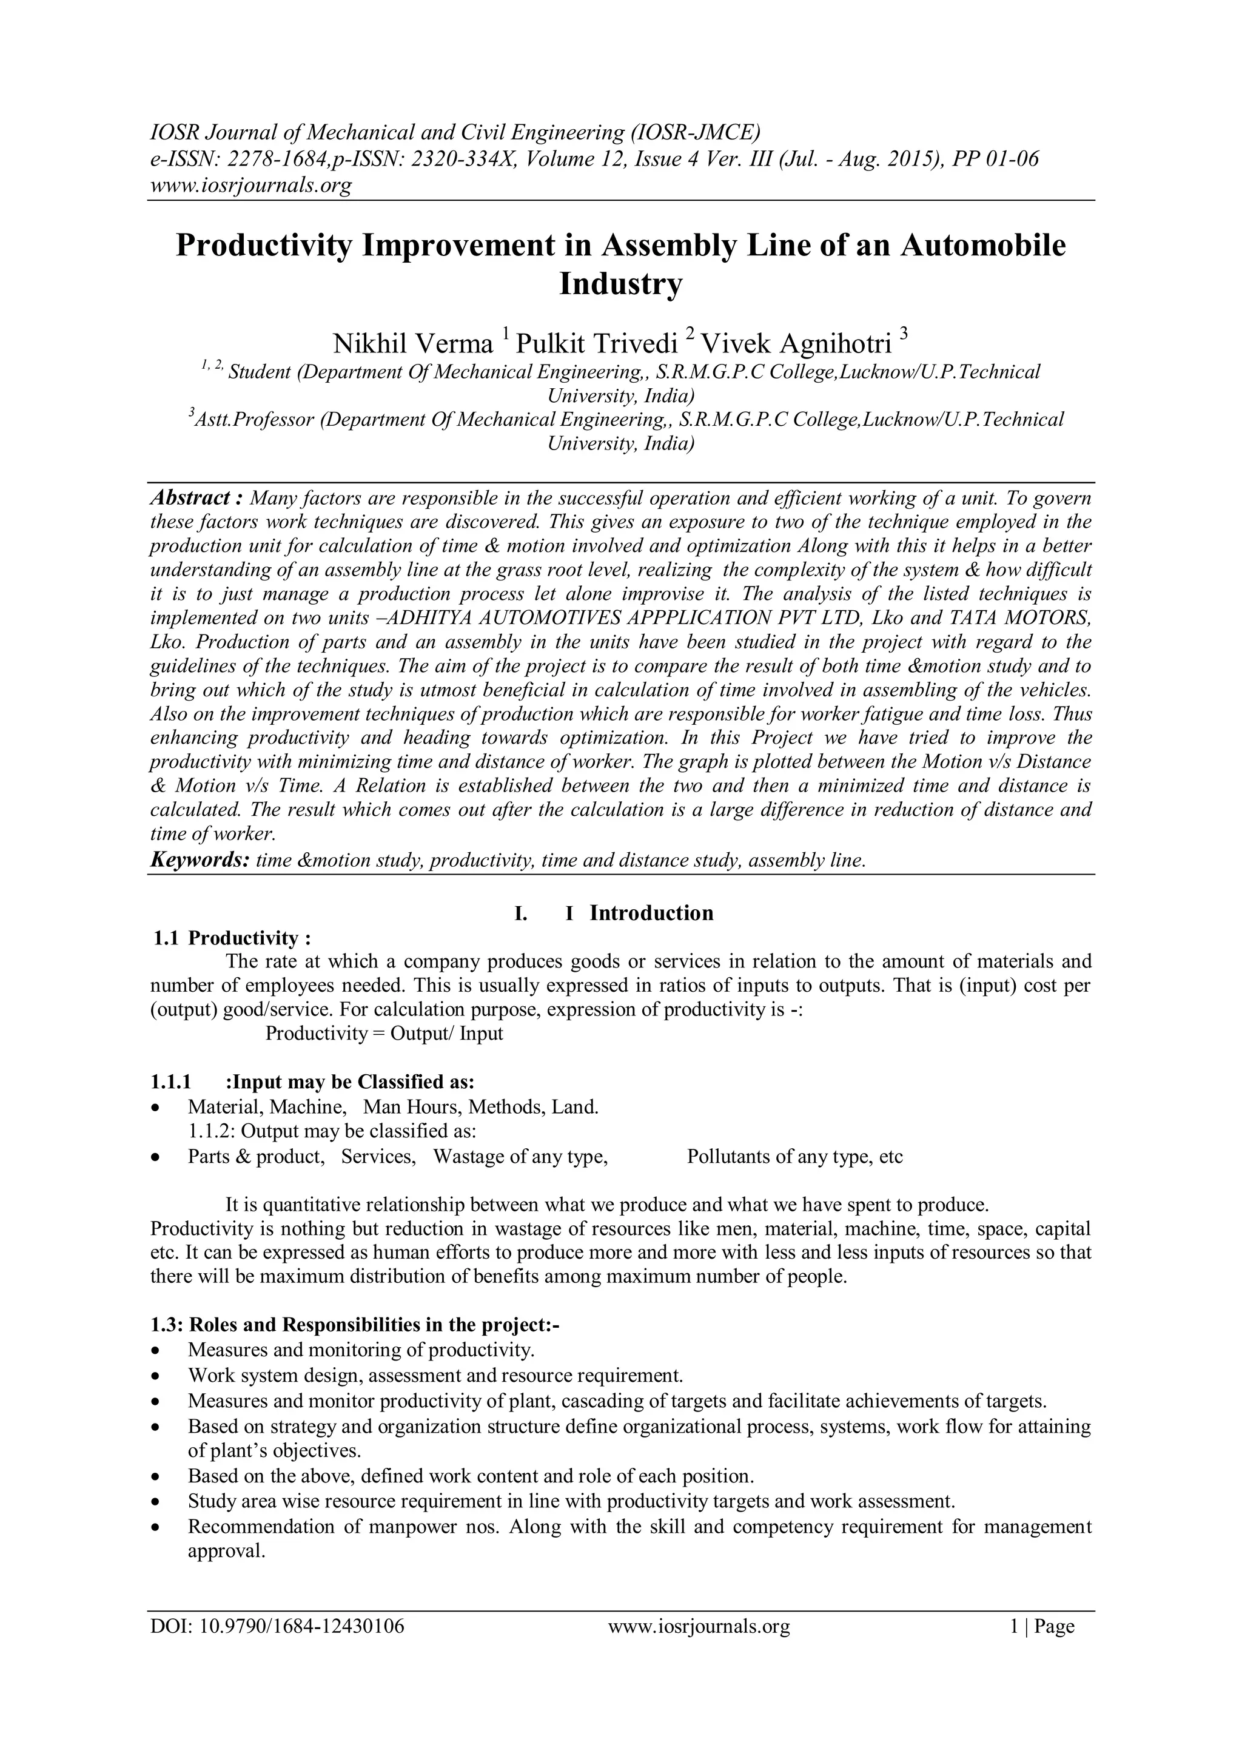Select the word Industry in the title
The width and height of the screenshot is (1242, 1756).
tap(620, 284)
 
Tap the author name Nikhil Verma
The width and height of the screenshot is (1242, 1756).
tap(413, 343)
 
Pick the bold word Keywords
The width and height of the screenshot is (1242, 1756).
tap(199, 860)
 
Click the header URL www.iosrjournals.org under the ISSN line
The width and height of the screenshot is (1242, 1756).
tap(250, 185)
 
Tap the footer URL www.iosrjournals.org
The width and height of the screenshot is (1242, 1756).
tap(698, 1647)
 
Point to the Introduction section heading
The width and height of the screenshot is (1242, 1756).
tap(651, 913)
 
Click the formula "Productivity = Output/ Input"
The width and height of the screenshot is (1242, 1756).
tap(384, 1033)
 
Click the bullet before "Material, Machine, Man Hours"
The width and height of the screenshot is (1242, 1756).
tap(157, 1108)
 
